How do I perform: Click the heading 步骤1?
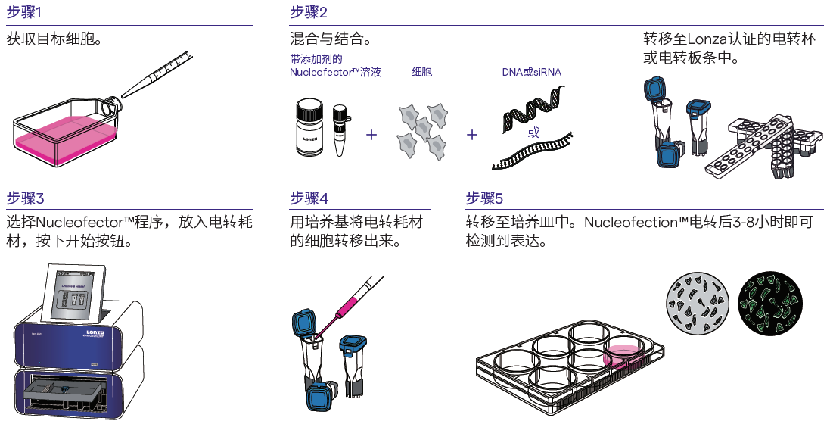click(25, 12)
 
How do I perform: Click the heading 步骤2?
click(309, 12)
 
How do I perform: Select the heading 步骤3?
click(25, 198)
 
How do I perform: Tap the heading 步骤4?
click(309, 198)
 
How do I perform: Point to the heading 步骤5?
click(484, 198)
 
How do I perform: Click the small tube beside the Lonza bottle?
click(341, 131)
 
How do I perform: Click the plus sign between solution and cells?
click(371, 135)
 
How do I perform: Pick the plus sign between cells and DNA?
click(473, 135)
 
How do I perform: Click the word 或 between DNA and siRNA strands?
click(533, 132)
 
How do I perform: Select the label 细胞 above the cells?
click(421, 72)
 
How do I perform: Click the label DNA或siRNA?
click(532, 72)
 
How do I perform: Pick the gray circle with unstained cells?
click(697, 301)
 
